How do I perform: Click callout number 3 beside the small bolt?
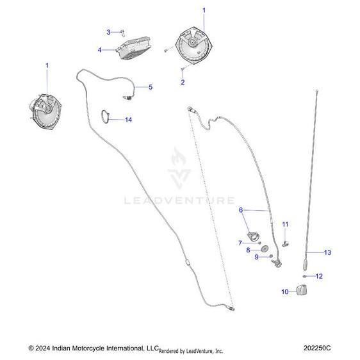coord(109,32)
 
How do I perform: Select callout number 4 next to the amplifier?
coord(99,50)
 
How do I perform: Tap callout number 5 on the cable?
coord(151,87)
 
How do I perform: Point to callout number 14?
coord(128,120)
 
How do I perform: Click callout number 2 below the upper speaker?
coord(183,82)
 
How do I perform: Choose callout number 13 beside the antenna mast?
coord(327,252)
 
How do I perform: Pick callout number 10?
coord(285,291)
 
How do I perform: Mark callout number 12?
coord(319,276)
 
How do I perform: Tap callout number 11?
coord(285,224)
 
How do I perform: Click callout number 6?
coord(241,210)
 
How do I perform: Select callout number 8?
coord(248,250)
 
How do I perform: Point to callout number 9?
coord(257,257)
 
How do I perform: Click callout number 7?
coord(240,243)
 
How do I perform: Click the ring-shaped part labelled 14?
coord(102,117)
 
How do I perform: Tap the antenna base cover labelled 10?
coord(302,290)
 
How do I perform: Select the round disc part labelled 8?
coord(265,249)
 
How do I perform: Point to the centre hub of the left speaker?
coord(48,108)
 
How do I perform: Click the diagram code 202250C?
coord(317,348)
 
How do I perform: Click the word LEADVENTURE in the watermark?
coord(179,200)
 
